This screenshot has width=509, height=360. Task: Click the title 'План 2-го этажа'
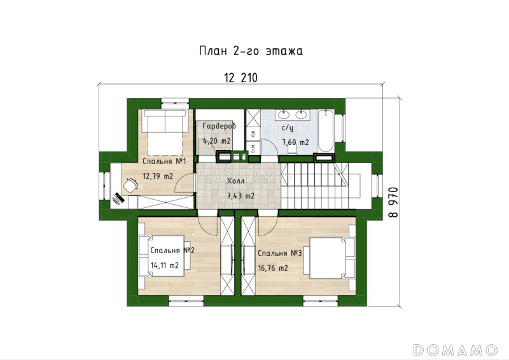point(251,52)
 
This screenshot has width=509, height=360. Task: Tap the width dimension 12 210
point(241,78)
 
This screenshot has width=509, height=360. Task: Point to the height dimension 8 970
point(393,202)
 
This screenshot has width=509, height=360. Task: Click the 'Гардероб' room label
point(219,127)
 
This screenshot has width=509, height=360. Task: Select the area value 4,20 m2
point(216,141)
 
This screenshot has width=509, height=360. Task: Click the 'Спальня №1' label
point(164,162)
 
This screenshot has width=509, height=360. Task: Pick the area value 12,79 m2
point(158,176)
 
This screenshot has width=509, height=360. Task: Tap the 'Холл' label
point(235,181)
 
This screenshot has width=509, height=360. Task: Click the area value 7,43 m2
point(241,196)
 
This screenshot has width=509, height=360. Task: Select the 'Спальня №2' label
point(172,251)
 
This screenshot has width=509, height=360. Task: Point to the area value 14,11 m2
point(165,265)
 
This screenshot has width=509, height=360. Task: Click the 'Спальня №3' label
point(280,253)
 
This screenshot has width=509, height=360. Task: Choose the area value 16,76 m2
point(273,268)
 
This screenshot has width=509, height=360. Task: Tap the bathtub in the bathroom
point(326,131)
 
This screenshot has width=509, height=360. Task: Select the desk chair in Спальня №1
point(130,185)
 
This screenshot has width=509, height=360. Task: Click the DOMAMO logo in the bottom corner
point(456,350)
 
